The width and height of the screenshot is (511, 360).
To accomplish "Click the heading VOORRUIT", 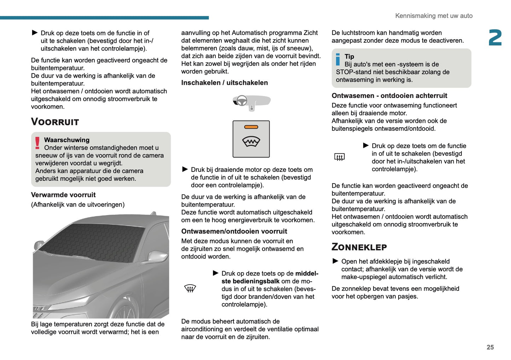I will (x=55, y=122).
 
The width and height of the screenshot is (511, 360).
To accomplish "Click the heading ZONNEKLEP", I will (x=359, y=247).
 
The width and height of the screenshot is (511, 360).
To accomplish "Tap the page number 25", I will (x=490, y=347).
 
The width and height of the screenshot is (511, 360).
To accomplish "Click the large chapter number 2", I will (x=495, y=38).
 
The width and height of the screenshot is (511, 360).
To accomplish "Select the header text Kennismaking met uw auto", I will (x=434, y=16).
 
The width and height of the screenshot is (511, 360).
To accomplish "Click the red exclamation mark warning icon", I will (x=37, y=143).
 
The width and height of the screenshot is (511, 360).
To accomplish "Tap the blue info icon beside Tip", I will (x=338, y=59).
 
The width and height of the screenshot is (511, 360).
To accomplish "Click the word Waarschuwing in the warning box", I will (x=67, y=140).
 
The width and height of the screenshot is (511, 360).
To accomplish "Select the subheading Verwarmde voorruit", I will (x=63, y=195).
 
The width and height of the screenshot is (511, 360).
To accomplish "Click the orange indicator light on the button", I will (x=251, y=127).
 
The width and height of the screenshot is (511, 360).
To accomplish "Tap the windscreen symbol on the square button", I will (x=251, y=142).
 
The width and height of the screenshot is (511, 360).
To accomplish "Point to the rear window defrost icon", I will (x=339, y=157).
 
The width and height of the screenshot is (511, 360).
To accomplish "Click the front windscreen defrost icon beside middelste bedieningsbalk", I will (x=190, y=289).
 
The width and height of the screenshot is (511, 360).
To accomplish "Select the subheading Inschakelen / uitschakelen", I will (x=224, y=83).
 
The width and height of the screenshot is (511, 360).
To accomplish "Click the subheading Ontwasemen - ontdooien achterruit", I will (x=389, y=96).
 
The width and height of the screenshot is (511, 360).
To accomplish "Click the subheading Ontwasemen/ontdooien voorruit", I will (x=234, y=231).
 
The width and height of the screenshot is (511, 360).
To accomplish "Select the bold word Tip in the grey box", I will (x=349, y=57).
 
